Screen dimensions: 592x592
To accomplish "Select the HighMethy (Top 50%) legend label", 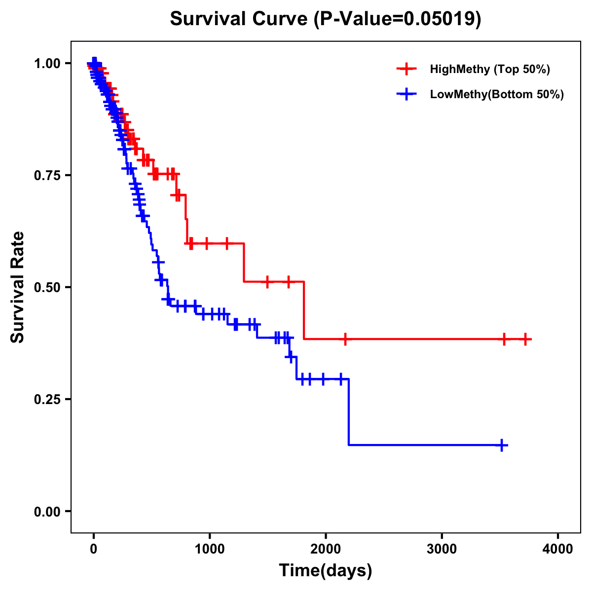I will (x=489, y=69).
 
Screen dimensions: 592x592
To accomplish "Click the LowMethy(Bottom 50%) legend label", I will (x=497, y=94).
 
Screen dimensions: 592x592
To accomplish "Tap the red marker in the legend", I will (x=406, y=69).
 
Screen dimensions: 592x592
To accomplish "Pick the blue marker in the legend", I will (x=406, y=94).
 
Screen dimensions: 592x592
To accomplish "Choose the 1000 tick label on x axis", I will (x=210, y=549).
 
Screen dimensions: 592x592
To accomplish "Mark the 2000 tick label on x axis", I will (x=326, y=549).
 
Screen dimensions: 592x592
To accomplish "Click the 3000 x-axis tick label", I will (x=442, y=549).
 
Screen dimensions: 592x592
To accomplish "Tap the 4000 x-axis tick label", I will (x=558, y=549).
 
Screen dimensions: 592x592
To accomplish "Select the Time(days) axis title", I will (x=326, y=571).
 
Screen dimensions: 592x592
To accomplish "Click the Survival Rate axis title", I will (x=18, y=287).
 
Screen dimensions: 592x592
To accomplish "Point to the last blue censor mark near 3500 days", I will (x=502, y=445).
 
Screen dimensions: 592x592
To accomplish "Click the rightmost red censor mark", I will (x=526, y=339).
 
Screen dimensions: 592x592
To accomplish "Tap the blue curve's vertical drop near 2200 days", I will (x=349, y=412).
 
